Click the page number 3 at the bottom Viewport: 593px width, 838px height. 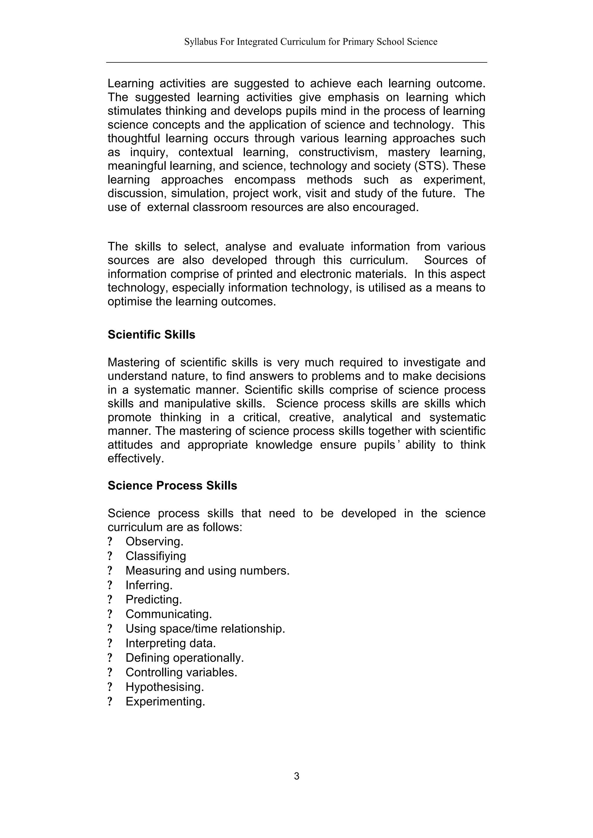click(x=296, y=776)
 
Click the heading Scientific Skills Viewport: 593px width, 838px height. click(x=151, y=335)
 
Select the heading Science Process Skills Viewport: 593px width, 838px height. click(x=172, y=486)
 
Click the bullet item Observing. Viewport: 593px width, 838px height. click(x=154, y=542)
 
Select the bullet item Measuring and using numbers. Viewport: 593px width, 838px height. click(x=207, y=571)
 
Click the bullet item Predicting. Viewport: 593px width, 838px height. click(x=153, y=600)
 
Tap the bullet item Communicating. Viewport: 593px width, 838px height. click(x=169, y=614)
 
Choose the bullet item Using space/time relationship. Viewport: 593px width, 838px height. click(x=205, y=629)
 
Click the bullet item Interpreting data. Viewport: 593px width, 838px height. click(x=171, y=643)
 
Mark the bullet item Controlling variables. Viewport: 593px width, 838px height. click(x=181, y=672)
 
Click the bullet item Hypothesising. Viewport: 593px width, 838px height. click(x=164, y=687)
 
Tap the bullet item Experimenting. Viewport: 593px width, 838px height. click(x=165, y=702)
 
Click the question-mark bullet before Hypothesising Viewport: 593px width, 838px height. click(x=110, y=687)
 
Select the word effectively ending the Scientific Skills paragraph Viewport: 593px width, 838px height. click(x=136, y=458)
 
